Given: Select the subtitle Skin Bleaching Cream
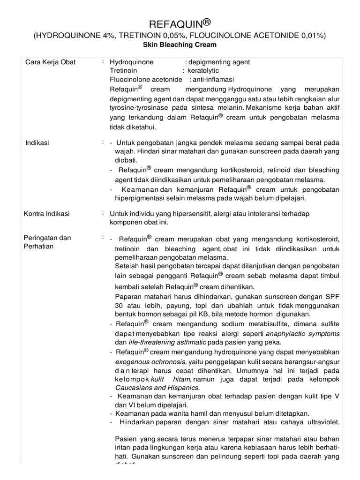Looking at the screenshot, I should [x=180, y=45].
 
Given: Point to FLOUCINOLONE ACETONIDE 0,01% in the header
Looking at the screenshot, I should [x=253, y=36].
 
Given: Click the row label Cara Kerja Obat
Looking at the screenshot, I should [x=50, y=62].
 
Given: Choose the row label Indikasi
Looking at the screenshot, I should [x=37, y=142].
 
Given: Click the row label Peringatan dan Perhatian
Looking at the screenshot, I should [x=47, y=242].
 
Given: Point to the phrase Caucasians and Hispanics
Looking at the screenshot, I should [x=157, y=388].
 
